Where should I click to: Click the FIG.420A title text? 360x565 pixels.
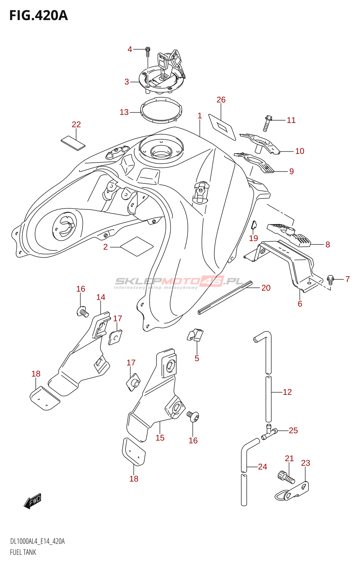[x=38, y=16]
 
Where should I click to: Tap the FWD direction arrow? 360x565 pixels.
[x=33, y=501]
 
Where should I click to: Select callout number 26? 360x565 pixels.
[x=221, y=100]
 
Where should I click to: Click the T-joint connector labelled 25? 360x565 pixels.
[x=269, y=431]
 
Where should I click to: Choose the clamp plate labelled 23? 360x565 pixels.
[x=293, y=492]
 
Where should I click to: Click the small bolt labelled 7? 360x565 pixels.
[x=330, y=280]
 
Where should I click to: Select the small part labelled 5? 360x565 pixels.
[x=196, y=335]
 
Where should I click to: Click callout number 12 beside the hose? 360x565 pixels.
[x=287, y=392]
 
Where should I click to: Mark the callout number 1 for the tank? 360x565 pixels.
[x=200, y=116]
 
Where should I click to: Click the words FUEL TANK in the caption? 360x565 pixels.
[x=23, y=552]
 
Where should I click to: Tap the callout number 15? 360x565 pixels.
[x=160, y=438]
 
